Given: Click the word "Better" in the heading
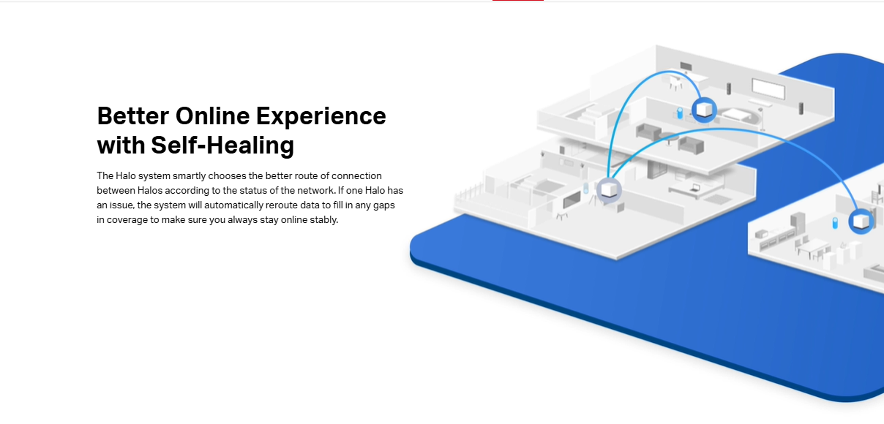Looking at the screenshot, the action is [x=133, y=116].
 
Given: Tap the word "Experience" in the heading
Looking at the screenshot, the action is [x=321, y=118].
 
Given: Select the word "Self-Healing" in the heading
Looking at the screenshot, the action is [x=222, y=145].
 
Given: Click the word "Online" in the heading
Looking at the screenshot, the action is [x=212, y=116].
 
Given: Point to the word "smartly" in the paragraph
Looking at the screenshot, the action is [x=189, y=176].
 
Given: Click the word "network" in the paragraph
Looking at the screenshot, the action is [x=316, y=191].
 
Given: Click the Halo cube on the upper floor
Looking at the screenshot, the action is [x=704, y=110].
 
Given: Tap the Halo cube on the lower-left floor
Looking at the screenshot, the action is [x=609, y=190].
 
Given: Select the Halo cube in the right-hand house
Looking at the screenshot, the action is [x=861, y=222].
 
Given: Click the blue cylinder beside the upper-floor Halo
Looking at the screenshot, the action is [x=680, y=113].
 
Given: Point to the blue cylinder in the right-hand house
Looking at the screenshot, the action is [x=835, y=223].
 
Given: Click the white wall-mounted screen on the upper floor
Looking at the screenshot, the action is [x=768, y=89].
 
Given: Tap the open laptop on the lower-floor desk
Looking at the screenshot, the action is [x=694, y=188].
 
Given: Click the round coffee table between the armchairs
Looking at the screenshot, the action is [x=670, y=137].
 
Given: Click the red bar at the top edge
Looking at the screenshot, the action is [x=518, y=1].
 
